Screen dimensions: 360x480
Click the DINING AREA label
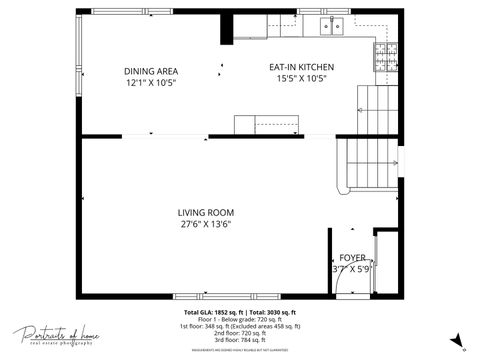(x=151, y=70)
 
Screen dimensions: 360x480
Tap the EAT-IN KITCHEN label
(x=301, y=68)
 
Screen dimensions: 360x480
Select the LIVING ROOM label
(x=205, y=212)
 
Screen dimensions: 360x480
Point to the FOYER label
(x=352, y=257)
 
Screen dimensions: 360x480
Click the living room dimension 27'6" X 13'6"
(x=205, y=225)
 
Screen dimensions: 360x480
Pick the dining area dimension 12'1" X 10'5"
(x=151, y=83)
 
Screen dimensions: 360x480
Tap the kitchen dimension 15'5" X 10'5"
(x=301, y=80)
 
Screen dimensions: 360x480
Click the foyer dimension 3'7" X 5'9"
(x=352, y=269)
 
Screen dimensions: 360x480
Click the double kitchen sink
(x=331, y=25)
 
